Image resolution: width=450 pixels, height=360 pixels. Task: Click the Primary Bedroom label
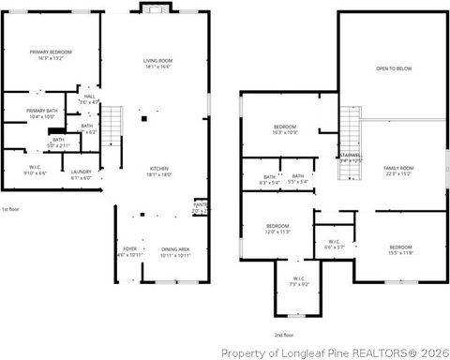(x=51, y=54)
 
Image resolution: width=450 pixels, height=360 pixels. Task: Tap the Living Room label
(x=157, y=63)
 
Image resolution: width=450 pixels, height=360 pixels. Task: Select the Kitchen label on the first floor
(x=157, y=172)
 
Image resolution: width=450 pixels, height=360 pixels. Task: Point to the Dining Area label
(x=175, y=251)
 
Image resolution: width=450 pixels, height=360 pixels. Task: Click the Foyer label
(x=129, y=251)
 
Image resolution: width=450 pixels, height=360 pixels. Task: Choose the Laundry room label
(x=82, y=173)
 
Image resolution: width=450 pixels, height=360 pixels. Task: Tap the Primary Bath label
(x=42, y=112)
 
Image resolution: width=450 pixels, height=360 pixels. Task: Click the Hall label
(x=90, y=98)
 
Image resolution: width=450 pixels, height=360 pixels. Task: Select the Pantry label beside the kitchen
(x=201, y=206)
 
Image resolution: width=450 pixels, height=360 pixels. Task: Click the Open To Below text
(x=394, y=69)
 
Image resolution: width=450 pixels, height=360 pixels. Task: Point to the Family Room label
(x=397, y=171)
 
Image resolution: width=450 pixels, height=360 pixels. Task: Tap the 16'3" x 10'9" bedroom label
(x=285, y=129)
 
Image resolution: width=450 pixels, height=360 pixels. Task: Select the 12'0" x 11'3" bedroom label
(x=277, y=229)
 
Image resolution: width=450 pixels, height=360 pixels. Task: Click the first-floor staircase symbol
(x=112, y=123)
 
